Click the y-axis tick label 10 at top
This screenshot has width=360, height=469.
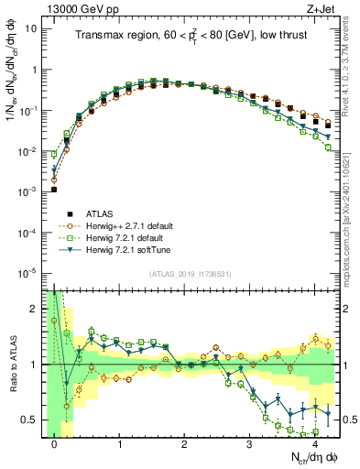(x=30, y=28)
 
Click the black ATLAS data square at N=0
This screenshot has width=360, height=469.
(x=54, y=190)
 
